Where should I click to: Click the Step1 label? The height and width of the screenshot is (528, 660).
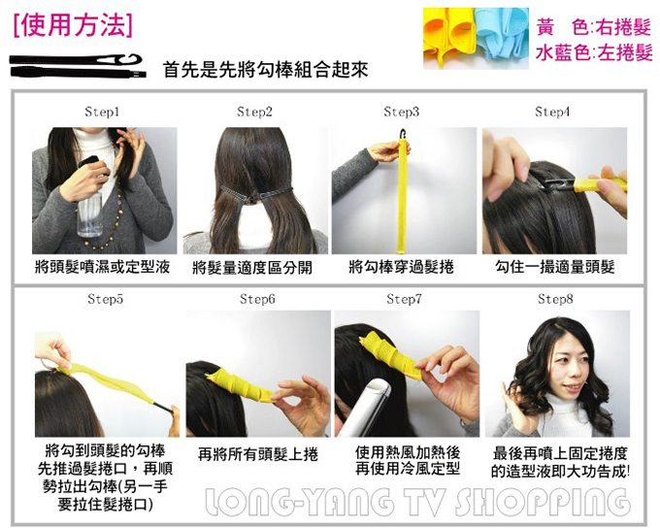[102, 112]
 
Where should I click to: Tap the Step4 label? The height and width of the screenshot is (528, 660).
[552, 112]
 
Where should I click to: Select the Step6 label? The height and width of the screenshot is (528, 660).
[257, 299]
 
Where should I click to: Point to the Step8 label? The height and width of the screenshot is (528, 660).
[555, 299]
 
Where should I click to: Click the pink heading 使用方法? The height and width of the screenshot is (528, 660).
[73, 26]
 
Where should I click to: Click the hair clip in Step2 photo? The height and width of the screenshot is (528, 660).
[255, 194]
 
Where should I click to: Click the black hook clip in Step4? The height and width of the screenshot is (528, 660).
[555, 184]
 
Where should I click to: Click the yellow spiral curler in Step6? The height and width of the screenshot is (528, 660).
[241, 384]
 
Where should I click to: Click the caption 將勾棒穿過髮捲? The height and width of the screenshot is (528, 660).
[402, 267]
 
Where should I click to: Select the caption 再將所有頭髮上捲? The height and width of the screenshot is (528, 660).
[257, 454]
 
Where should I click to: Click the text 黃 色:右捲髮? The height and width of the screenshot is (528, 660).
[594, 27]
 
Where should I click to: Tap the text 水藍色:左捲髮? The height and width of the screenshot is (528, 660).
[594, 53]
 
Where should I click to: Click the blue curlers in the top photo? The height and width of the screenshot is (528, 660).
[502, 36]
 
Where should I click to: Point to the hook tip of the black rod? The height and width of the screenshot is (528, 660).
[136, 57]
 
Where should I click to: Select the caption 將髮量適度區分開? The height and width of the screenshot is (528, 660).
[252, 268]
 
